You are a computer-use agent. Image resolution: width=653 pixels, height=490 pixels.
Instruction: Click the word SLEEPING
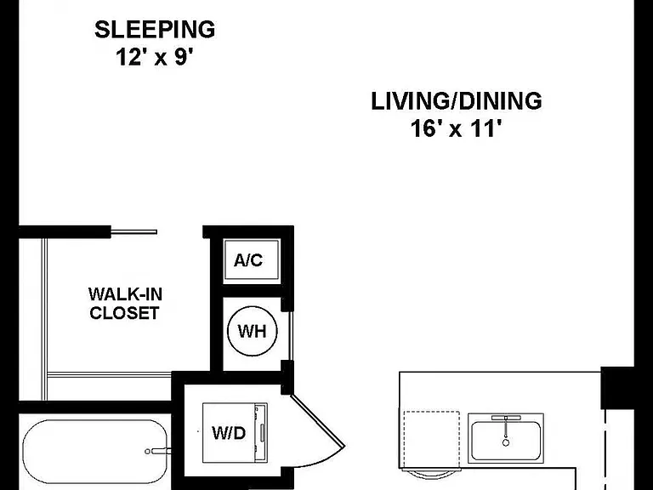(x=155, y=30)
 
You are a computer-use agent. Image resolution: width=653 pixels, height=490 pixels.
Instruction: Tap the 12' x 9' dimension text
(x=155, y=57)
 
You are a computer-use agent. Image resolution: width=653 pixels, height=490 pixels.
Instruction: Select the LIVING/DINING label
(x=457, y=101)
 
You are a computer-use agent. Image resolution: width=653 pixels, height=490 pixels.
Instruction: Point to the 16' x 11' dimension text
(x=455, y=128)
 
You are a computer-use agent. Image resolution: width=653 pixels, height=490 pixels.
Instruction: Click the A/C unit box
(x=252, y=259)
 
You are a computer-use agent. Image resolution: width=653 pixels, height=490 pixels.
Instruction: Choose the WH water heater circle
(x=252, y=331)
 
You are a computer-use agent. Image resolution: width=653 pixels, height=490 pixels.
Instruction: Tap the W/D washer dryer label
(x=229, y=433)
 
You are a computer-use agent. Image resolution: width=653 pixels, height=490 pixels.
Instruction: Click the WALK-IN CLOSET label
(x=125, y=304)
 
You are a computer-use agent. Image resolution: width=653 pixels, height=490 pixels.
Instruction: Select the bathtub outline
(x=95, y=452)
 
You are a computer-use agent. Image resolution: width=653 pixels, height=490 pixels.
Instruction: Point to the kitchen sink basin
(x=506, y=441)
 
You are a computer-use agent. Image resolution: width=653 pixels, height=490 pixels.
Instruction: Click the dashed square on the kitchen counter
(x=432, y=440)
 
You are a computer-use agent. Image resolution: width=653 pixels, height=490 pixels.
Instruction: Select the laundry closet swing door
(x=318, y=421)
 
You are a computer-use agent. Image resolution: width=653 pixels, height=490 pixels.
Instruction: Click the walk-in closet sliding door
(x=134, y=232)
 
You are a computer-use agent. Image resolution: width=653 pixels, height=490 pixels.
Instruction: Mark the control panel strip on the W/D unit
(x=262, y=433)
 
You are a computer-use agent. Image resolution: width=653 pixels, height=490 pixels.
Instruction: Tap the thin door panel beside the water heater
(x=291, y=336)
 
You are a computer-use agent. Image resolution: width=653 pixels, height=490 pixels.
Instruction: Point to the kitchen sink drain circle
(x=506, y=442)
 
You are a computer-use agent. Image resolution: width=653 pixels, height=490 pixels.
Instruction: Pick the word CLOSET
(x=124, y=313)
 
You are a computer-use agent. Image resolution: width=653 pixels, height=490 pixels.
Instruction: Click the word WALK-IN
(x=125, y=294)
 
